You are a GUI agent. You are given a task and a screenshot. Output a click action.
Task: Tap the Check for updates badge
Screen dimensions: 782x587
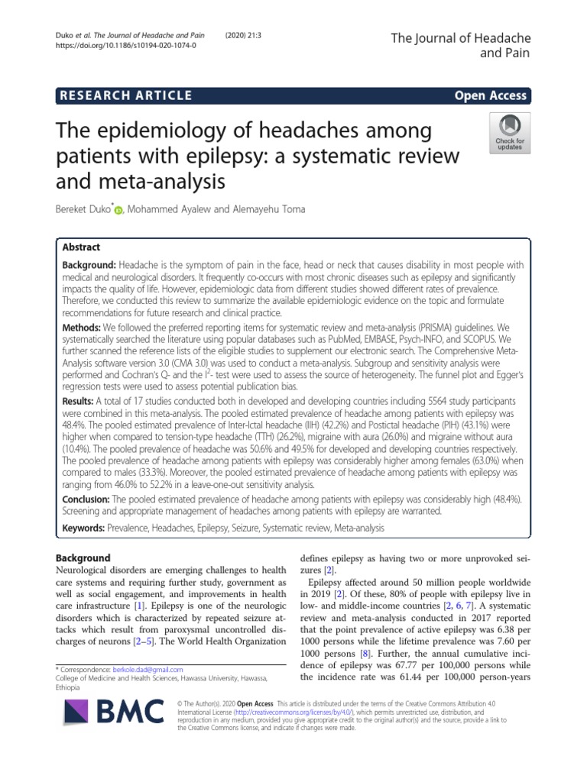tap(510, 131)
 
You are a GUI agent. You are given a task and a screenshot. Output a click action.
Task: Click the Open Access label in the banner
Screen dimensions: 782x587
tap(490, 95)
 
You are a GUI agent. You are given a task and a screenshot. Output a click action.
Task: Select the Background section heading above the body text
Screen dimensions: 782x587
tap(84, 558)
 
